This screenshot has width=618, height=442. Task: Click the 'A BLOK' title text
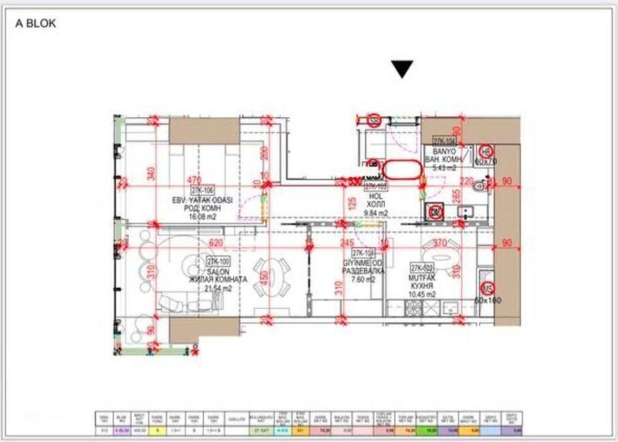(36, 24)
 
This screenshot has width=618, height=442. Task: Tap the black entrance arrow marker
(402, 69)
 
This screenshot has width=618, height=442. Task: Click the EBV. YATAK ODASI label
(203, 200)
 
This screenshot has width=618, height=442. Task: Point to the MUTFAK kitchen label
(423, 277)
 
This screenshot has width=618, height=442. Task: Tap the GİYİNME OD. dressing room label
(360, 263)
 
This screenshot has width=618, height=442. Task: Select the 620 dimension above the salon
(216, 242)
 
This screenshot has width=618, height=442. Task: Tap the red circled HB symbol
(486, 152)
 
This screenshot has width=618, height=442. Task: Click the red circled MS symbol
(487, 288)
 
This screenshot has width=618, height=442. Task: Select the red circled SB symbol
(374, 121)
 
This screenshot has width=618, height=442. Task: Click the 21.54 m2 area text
(217, 288)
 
